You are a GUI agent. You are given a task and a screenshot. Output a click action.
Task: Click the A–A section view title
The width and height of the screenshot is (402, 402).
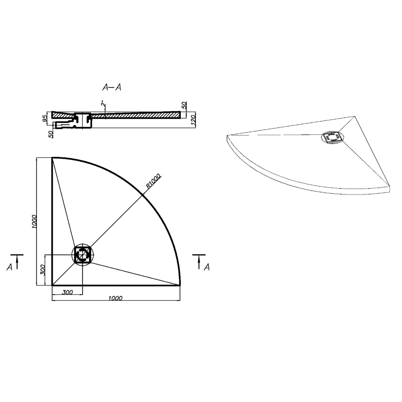pos(112,87)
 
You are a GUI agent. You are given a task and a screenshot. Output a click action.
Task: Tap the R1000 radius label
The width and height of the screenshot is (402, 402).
pos(154,181)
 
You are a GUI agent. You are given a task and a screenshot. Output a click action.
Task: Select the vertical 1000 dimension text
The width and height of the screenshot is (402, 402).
pos(33,221)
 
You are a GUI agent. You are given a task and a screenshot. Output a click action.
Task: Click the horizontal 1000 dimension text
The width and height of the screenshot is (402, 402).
pos(116,298)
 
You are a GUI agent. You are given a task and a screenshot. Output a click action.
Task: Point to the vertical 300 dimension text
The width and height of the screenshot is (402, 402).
pos(42,270)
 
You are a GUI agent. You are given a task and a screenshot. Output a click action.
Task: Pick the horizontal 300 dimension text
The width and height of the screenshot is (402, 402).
pos(67,292)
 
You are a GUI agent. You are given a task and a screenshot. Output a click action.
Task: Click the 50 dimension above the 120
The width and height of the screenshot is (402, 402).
pos(184,105)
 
